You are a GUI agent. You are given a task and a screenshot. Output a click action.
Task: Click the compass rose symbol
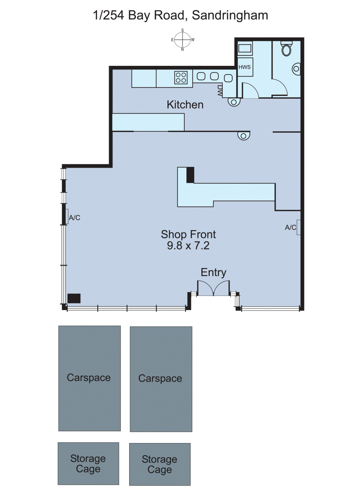tap(182, 40)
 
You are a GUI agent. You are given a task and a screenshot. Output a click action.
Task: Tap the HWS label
tap(245, 67)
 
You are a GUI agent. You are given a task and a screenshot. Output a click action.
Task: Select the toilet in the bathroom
tap(287, 49)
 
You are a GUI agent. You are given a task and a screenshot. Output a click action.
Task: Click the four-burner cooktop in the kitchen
tap(181, 77)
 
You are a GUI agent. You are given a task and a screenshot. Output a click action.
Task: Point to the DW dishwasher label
tap(220, 91)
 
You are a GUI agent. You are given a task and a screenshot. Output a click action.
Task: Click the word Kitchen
tap(185, 105)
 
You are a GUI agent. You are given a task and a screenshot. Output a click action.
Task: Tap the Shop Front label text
tap(188, 234)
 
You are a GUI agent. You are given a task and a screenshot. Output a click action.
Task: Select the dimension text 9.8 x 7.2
tap(188, 246)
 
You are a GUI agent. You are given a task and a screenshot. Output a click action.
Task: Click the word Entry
tap(213, 272)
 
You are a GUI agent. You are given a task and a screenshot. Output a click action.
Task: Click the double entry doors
tap(213, 288)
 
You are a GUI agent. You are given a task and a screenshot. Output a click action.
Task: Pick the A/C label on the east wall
tap(74, 218)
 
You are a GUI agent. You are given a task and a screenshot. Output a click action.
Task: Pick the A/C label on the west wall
tap(290, 228)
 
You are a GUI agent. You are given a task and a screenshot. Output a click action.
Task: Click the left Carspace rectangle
tap(90, 378)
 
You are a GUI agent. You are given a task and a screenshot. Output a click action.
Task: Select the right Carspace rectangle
tap(161, 379)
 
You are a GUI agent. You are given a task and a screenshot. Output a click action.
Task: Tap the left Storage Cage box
tap(88, 463)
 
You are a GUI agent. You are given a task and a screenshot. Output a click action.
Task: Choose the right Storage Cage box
tap(160, 464)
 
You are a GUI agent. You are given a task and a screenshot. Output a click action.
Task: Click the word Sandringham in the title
tap(230, 15)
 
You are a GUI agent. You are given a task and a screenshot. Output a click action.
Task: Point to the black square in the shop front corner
tap(74, 298)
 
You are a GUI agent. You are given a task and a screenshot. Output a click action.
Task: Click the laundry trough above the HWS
tap(245, 49)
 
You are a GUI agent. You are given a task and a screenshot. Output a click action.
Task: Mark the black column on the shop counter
tap(190, 175)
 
